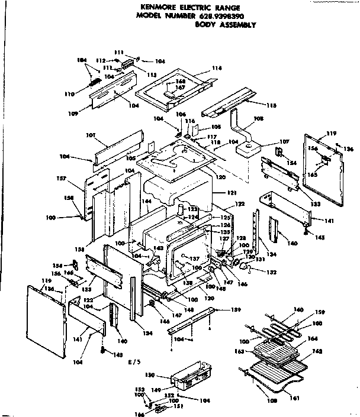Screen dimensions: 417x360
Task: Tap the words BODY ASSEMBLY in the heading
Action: tap(224, 25)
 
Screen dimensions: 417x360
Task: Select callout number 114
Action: tap(217, 69)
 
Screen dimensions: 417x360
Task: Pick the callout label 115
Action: tap(272, 105)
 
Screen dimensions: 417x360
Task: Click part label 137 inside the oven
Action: tap(192, 259)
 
